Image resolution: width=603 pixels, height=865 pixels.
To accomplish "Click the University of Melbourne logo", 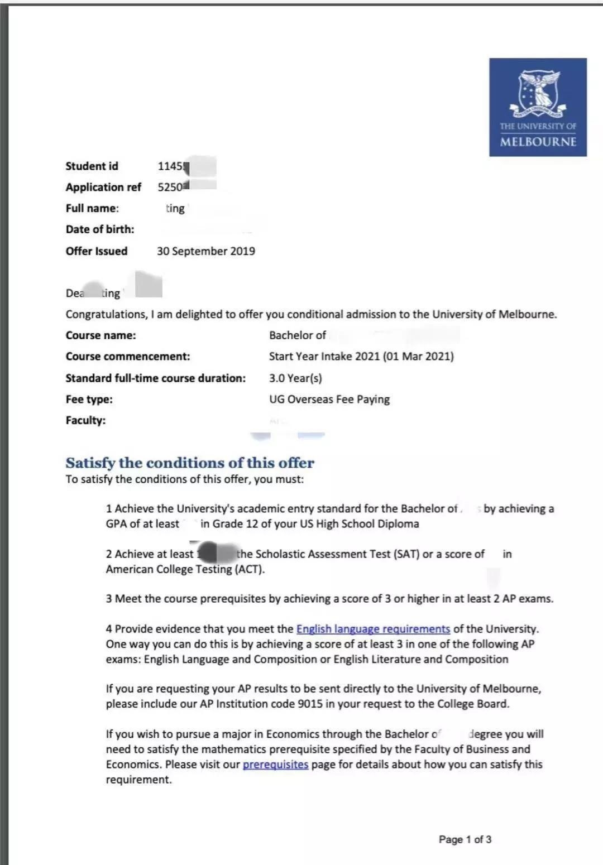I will pos(538,107).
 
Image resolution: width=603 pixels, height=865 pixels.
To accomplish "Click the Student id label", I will pos(92,166).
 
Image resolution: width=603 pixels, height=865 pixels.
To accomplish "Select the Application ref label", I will pos(103,188).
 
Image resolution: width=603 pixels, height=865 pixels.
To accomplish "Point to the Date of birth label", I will pos(100,229).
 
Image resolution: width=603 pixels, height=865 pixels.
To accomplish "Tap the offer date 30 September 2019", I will pos(205,251).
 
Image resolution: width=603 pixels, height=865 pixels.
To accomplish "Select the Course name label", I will pos(100,335).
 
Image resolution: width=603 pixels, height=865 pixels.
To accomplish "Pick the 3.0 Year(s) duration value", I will pos(295,378).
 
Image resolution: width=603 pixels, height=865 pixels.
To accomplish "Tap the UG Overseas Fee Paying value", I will pos(329,400).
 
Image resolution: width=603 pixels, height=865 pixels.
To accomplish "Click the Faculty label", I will pos(85,421).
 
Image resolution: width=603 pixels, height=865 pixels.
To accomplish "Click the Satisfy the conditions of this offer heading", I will pos(190,463).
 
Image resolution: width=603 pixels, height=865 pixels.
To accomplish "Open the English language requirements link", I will pos(373,629).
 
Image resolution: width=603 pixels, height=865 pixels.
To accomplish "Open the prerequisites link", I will pos(275,765).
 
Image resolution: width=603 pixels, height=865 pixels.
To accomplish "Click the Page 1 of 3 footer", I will pos(465,839).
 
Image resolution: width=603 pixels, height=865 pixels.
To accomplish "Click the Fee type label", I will pos(89,400).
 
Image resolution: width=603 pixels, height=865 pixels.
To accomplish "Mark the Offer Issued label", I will pos(96,251).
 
